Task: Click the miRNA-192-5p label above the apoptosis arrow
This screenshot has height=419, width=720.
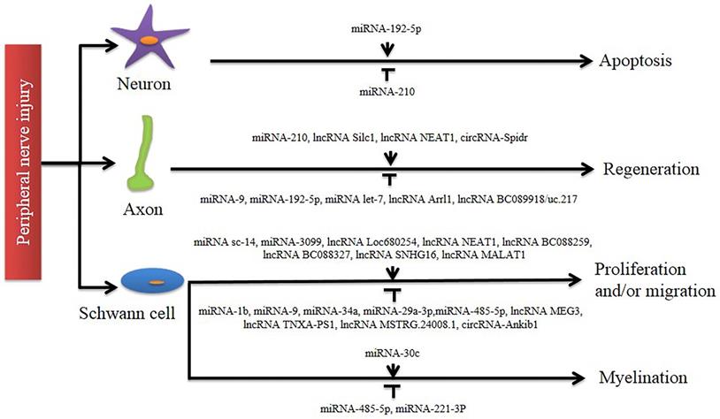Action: tap(387, 28)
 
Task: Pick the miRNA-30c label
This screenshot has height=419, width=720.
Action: tap(387, 353)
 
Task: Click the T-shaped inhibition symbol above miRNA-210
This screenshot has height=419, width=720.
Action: tap(387, 74)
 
